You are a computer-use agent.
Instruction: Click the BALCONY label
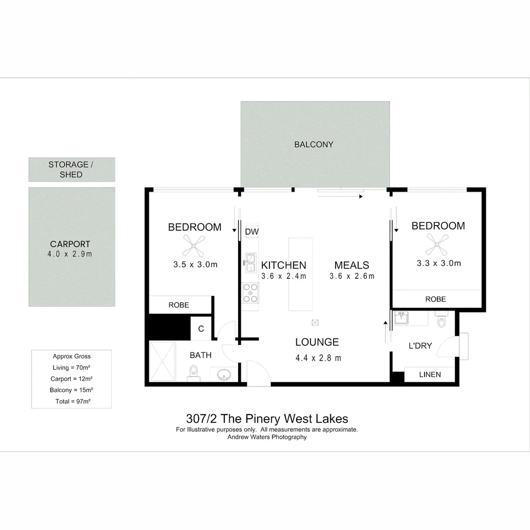(x=314, y=144)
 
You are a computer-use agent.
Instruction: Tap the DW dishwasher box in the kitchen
(x=252, y=232)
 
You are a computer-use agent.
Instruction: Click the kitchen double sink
(x=250, y=263)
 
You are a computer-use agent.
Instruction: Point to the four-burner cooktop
(x=251, y=293)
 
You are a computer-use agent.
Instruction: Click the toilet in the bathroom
(x=194, y=372)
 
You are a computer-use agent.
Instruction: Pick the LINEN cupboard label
(x=430, y=374)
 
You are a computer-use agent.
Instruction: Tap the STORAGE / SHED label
(x=72, y=169)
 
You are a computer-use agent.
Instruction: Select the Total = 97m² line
(x=72, y=401)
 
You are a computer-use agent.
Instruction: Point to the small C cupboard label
(x=201, y=329)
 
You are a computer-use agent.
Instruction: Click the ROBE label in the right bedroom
(x=436, y=299)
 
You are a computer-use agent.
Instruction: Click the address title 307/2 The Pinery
(x=267, y=419)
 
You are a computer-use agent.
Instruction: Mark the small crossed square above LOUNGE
(x=315, y=322)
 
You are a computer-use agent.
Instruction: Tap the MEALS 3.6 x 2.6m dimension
(x=352, y=276)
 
